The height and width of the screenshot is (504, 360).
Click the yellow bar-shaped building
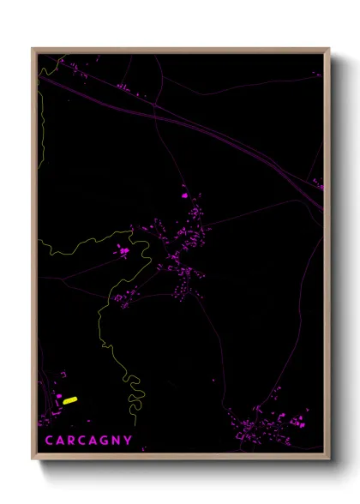tap(70, 399)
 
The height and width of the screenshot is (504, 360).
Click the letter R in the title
tap(72, 441)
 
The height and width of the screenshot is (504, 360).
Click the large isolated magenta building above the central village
tap(183, 195)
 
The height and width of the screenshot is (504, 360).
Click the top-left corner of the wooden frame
tap(33, 49)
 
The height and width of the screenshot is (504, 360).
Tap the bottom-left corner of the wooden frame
tap(33, 457)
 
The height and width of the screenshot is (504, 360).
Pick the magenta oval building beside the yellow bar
tap(59, 397)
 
